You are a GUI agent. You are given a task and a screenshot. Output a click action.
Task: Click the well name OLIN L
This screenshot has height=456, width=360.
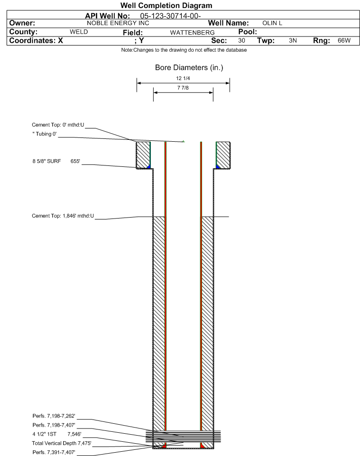coord(272,23)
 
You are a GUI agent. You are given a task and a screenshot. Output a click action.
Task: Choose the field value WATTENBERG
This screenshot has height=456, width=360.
coord(189,32)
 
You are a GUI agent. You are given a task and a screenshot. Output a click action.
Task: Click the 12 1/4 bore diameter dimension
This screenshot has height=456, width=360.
coord(183,78)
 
